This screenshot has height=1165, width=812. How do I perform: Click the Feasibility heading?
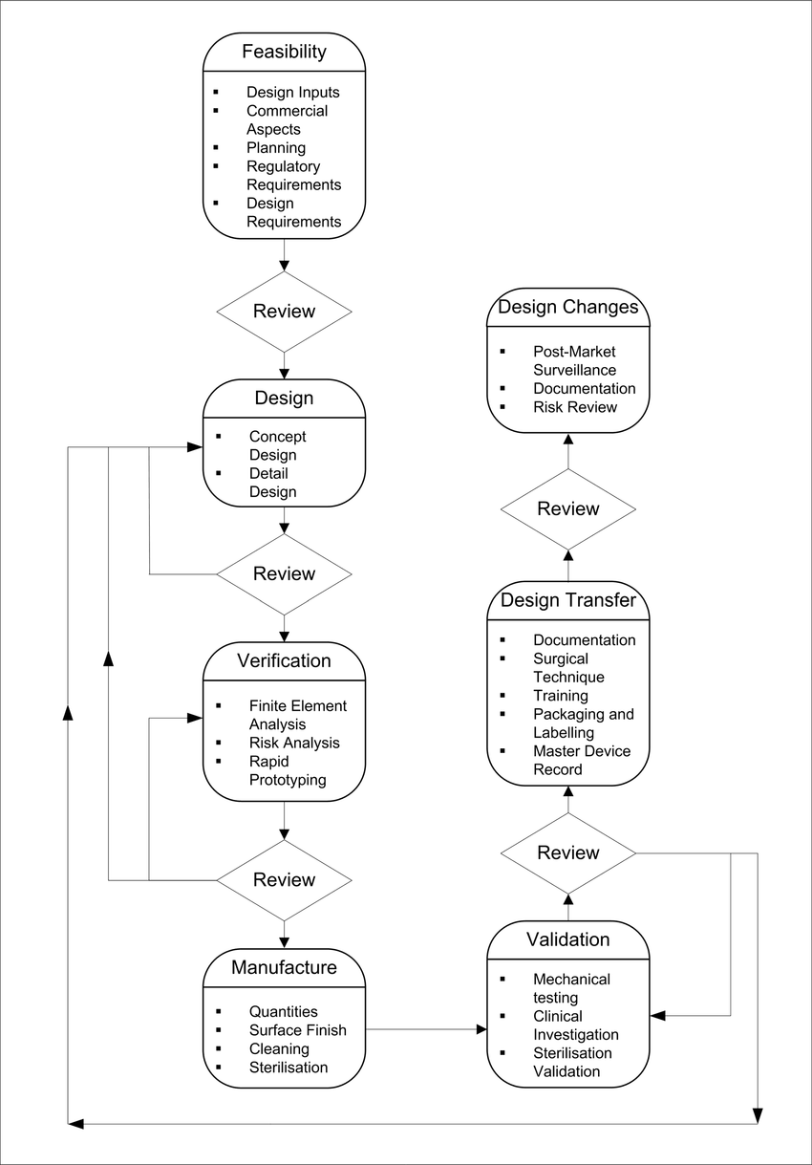click(x=284, y=52)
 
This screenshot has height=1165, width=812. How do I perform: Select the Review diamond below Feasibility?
click(x=284, y=312)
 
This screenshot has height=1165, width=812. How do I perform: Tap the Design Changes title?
click(x=567, y=307)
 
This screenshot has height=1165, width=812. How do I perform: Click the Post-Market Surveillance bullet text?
click(x=574, y=360)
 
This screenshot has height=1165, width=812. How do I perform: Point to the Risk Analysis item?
click(x=294, y=743)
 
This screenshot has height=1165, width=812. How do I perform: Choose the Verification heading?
click(x=284, y=660)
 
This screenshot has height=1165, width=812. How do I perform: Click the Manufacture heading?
click(x=284, y=967)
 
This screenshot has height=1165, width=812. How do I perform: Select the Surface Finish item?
click(x=297, y=1030)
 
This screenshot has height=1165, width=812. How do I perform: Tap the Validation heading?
click(x=567, y=939)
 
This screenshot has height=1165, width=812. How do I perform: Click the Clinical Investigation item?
click(x=575, y=1025)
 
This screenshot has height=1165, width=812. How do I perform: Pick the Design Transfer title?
click(x=567, y=600)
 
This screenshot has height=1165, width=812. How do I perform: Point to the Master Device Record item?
click(x=582, y=760)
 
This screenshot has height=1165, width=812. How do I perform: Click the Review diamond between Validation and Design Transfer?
click(x=567, y=852)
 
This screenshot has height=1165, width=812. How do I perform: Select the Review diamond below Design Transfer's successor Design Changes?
click(x=567, y=508)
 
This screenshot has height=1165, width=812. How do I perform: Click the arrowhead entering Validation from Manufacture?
click(x=481, y=1028)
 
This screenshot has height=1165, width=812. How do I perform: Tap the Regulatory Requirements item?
click(x=293, y=175)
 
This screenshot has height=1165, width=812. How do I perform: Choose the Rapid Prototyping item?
click(x=288, y=770)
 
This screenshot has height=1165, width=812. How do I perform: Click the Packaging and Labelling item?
click(x=584, y=723)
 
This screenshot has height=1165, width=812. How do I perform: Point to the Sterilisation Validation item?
click(x=572, y=1062)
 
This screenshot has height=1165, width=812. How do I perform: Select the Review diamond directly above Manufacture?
click(x=284, y=880)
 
